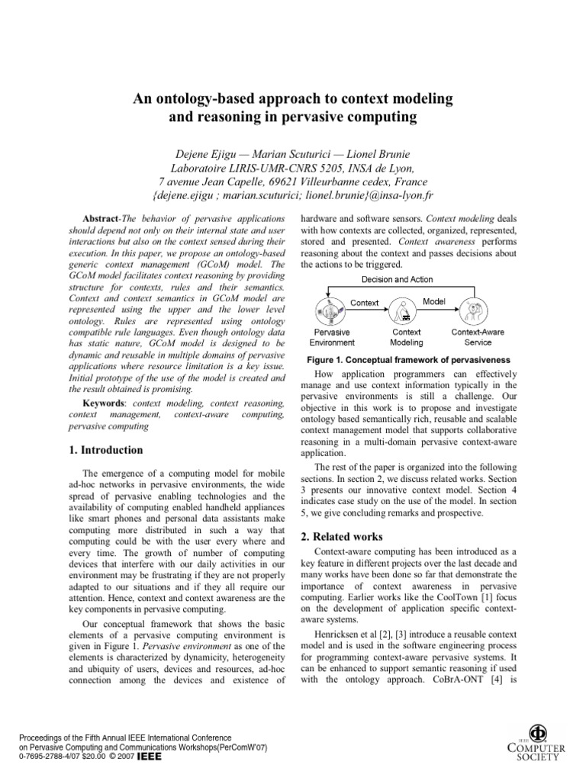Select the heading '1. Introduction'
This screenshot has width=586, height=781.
(105, 450)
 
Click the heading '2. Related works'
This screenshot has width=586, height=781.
(343, 538)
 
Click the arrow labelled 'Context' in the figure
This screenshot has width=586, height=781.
(365, 303)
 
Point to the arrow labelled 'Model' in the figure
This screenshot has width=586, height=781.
(434, 302)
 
